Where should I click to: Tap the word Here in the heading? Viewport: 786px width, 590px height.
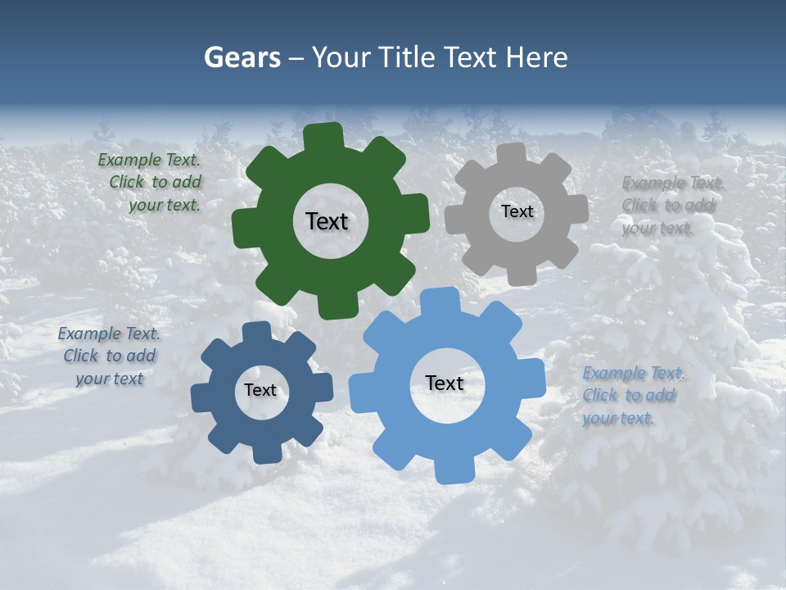[x=536, y=57]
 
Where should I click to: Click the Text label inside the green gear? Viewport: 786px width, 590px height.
[x=327, y=221]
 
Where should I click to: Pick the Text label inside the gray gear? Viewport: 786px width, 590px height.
[x=517, y=211]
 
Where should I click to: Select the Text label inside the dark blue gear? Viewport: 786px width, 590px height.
[x=260, y=390]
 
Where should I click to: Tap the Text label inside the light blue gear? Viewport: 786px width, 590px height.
[x=444, y=383]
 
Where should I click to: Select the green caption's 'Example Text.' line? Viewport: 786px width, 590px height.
[x=149, y=160]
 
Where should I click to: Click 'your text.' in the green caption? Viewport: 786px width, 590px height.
[x=164, y=206]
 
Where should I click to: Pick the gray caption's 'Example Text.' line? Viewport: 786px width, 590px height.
[x=672, y=183]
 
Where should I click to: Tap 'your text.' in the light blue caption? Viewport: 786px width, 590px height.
[x=619, y=418]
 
